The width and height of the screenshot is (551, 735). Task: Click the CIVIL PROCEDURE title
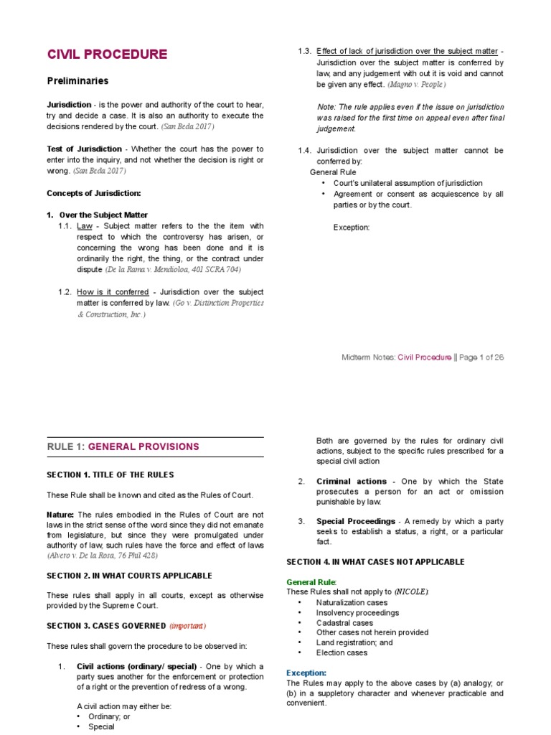[107, 55]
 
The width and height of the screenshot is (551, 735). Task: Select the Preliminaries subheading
[77, 81]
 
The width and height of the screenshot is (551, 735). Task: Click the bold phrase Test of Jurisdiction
[84, 149]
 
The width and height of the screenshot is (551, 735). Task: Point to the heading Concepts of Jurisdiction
[93, 193]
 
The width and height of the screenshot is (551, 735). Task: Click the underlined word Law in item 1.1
[85, 226]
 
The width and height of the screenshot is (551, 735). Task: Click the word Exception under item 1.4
[352, 228]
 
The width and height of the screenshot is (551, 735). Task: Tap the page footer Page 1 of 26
[479, 357]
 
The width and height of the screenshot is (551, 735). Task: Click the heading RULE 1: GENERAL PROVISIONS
[123, 446]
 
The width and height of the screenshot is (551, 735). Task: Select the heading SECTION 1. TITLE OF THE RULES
[110, 474]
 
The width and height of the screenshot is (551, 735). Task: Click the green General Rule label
[311, 581]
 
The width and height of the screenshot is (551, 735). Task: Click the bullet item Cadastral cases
[344, 622]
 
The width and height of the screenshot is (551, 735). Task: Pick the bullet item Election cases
[342, 652]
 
